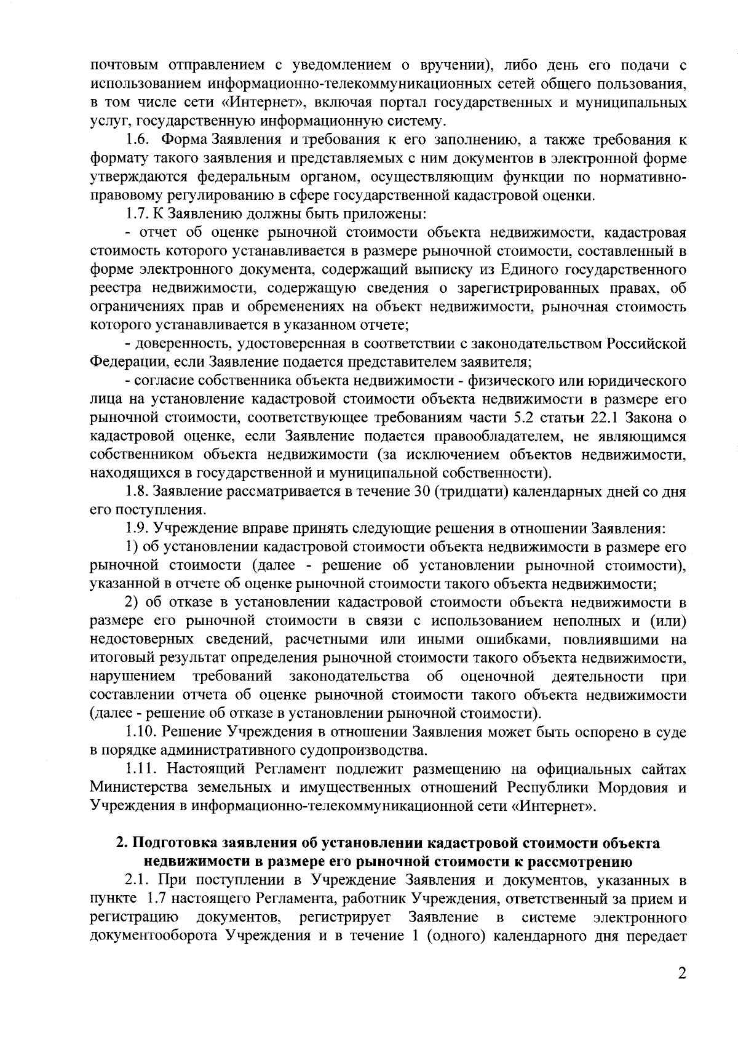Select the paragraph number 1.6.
pyautogui.click(x=138, y=140)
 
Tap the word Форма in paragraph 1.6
pyautogui.click(x=184, y=140)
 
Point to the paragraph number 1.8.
pyautogui.click(x=138, y=492)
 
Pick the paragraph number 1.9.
pyautogui.click(x=138, y=528)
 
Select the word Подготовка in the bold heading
pyautogui.click(x=183, y=843)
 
